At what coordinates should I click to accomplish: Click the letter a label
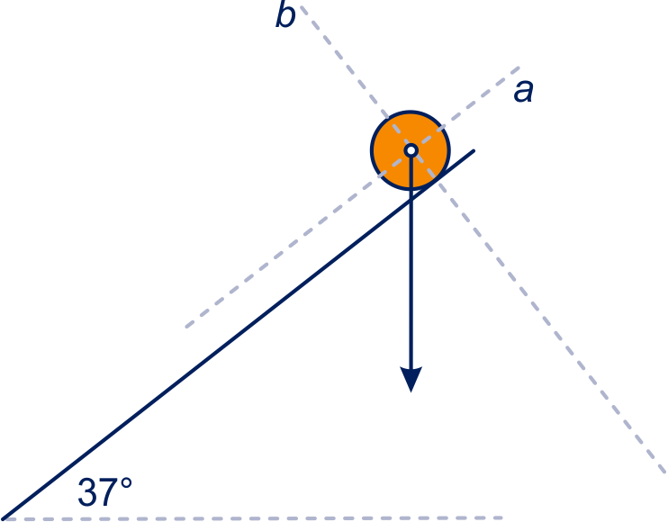click(523, 92)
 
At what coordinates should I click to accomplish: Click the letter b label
click(285, 16)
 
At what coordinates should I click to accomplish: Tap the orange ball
click(411, 150)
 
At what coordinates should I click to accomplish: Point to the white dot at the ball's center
click(411, 150)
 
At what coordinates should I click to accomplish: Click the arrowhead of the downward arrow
click(411, 379)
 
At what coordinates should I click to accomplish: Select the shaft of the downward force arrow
click(411, 262)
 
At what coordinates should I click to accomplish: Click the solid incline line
click(238, 335)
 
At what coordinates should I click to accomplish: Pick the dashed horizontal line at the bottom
click(251, 518)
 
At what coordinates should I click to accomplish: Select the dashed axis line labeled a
click(353, 197)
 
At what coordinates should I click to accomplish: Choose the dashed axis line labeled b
click(483, 239)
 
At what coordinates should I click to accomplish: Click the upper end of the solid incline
click(474, 150)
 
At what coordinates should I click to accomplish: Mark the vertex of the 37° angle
click(4, 518)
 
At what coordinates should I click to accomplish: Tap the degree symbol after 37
click(126, 483)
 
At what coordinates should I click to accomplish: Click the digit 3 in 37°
click(87, 492)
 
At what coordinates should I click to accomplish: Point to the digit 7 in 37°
click(109, 492)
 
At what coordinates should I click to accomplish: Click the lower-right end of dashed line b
click(665, 472)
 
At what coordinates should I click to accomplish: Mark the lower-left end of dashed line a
click(186, 327)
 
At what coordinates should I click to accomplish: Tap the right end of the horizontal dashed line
click(502, 517)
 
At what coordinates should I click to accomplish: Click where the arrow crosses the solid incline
click(411, 200)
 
